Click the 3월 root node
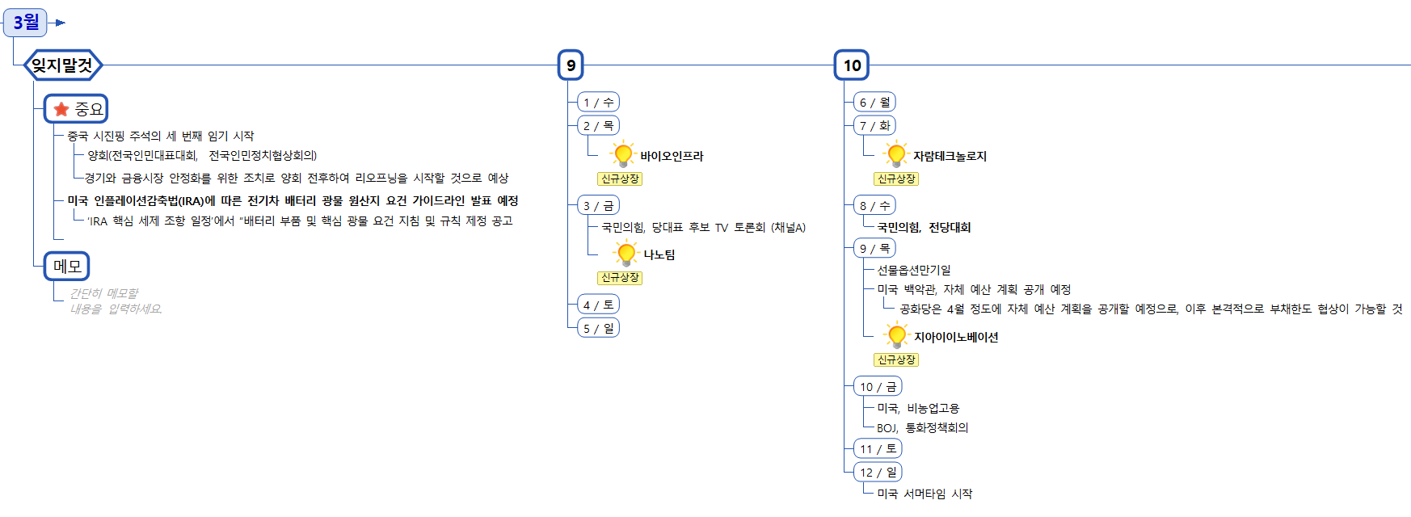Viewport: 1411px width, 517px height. coord(26,22)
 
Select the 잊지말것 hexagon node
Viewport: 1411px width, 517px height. coord(62,65)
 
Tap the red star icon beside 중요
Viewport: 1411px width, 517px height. coord(61,109)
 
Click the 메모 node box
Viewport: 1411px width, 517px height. coord(67,266)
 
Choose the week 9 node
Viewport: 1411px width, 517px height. coord(571,65)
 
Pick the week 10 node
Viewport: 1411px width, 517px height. coord(852,65)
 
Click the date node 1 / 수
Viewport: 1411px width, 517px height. coord(599,102)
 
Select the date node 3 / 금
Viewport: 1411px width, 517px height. coord(599,205)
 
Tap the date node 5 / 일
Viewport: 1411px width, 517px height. coord(599,328)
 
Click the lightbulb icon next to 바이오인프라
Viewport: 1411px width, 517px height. coord(622,154)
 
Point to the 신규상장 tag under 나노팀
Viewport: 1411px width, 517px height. coord(620,278)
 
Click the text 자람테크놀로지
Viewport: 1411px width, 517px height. coord(950,156)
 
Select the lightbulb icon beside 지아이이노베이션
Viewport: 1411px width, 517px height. coord(896,335)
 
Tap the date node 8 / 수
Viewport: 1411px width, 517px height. coord(874,205)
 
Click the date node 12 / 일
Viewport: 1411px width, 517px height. coord(878,472)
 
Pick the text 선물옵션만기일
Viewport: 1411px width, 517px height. coord(914,270)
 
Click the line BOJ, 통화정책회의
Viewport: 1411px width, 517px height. coord(922,427)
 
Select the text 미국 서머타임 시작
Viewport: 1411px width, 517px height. coord(925,494)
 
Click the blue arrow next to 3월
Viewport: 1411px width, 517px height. coord(60,23)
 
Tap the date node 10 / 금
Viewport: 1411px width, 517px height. coord(878,386)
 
